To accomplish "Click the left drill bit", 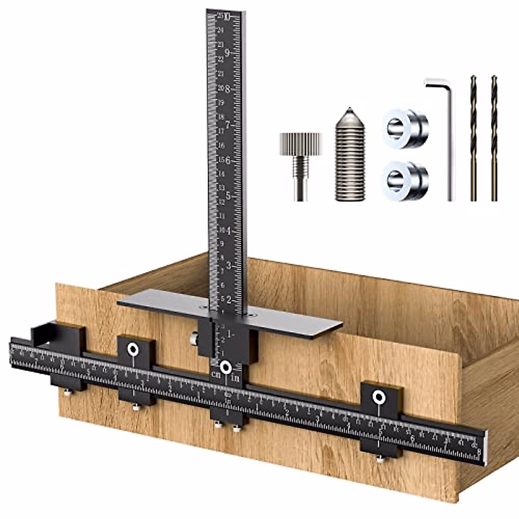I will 473,138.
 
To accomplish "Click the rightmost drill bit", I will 494,138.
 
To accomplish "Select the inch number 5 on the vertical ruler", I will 228,195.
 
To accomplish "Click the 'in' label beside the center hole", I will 235,378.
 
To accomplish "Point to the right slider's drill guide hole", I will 379,396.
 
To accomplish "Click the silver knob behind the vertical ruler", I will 194,339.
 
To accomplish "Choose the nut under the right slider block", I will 380,459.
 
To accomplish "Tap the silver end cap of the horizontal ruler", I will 486,448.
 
